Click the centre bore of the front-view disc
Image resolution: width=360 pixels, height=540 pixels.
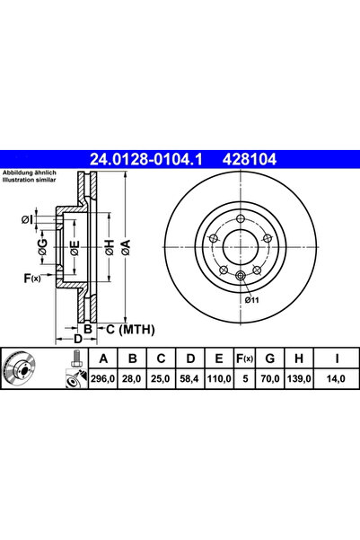pos(240,246)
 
